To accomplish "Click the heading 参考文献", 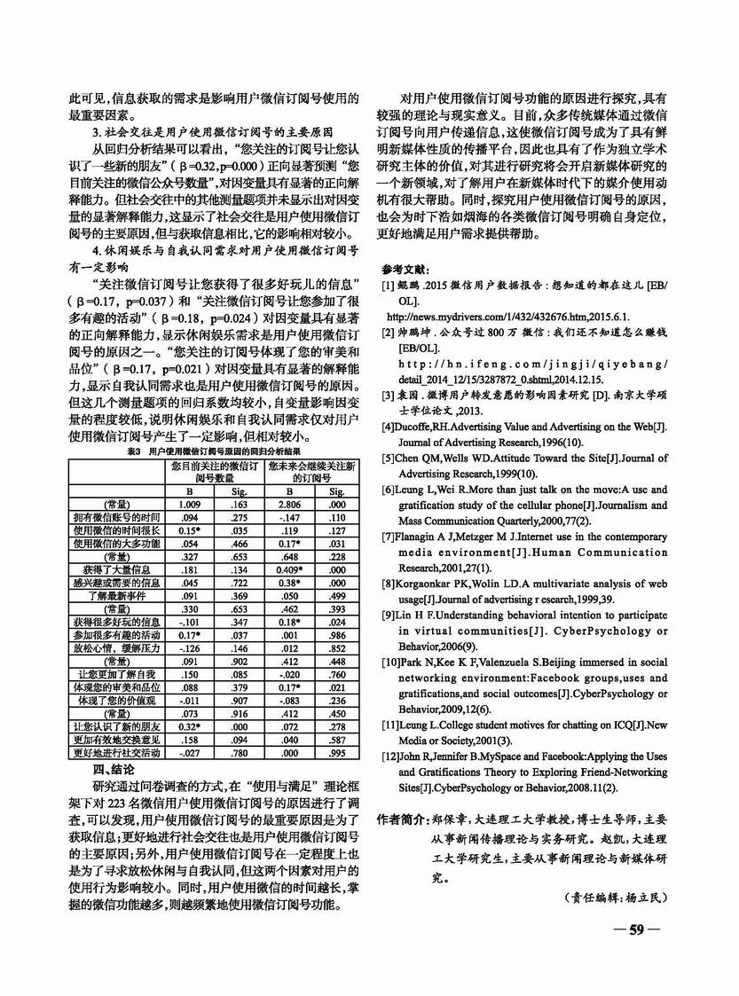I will point(405,269).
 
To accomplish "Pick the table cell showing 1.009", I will point(189,504).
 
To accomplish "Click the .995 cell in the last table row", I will point(336,753).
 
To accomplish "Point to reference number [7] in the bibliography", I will point(388,537).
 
